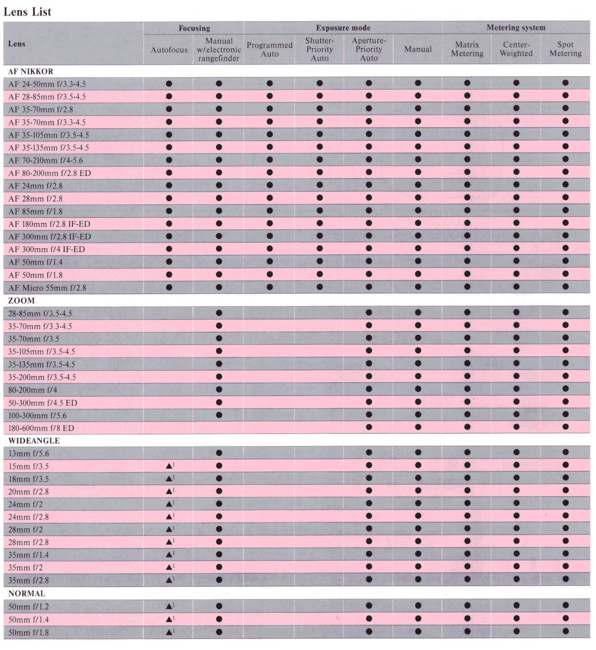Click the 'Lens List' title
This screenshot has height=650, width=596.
click(x=28, y=12)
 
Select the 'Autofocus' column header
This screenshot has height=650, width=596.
click(x=169, y=50)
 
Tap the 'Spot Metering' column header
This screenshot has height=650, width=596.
click(x=565, y=49)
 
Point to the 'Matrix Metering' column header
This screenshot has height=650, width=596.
click(x=467, y=49)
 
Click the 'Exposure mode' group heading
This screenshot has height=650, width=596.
click(x=343, y=28)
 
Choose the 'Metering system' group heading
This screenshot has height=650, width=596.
click(x=516, y=28)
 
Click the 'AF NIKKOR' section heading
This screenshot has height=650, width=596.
click(x=31, y=71)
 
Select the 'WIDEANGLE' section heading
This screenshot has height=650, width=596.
click(x=34, y=441)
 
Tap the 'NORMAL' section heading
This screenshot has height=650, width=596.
click(x=27, y=594)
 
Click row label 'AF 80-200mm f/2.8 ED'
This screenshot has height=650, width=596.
click(x=50, y=173)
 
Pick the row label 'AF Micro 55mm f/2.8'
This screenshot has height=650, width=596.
click(x=47, y=288)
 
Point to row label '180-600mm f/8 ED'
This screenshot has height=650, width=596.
click(x=41, y=428)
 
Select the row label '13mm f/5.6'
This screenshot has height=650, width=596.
click(x=28, y=454)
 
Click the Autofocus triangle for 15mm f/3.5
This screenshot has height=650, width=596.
click(x=169, y=466)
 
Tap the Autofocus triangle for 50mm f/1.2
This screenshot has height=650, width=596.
click(x=169, y=606)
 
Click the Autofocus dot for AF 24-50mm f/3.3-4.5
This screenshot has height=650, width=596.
click(x=169, y=84)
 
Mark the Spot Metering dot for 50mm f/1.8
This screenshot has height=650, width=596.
click(x=565, y=631)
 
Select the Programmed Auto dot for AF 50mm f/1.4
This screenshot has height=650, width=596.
click(x=270, y=261)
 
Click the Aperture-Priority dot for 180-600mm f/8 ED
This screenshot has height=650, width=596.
click(x=369, y=427)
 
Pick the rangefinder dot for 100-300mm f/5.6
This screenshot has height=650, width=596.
click(x=219, y=415)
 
